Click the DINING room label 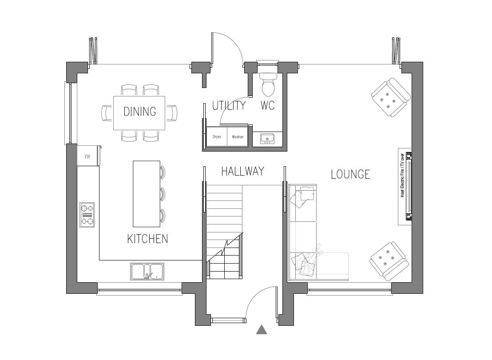(139, 112)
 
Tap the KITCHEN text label (147, 239)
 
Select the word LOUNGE (350, 174)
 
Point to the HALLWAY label (242, 171)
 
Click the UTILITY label (228, 106)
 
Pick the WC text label (267, 106)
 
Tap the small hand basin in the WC (267, 139)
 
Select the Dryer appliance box (217, 136)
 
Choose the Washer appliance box (238, 136)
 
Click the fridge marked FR (88, 156)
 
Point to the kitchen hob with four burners (87, 215)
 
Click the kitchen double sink (147, 272)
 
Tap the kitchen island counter (146, 194)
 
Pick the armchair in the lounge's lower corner (388, 261)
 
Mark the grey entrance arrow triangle (262, 330)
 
